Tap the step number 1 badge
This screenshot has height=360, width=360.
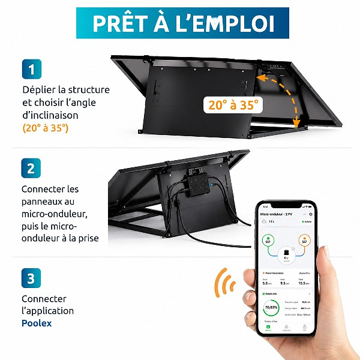click(31, 69)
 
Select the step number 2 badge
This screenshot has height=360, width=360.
click(31, 169)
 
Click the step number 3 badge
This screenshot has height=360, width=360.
click(31, 278)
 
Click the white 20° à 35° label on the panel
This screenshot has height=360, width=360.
click(234, 104)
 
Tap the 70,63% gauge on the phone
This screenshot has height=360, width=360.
click(271, 310)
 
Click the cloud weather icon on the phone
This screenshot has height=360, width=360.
click(263, 221)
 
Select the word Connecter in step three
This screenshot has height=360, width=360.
click(44, 299)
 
